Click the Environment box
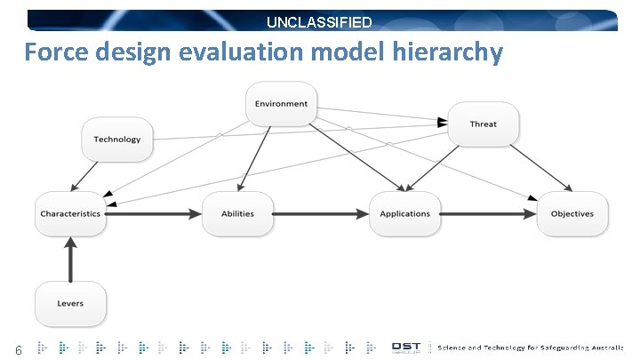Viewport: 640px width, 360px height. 281,104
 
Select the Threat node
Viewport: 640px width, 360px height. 483,124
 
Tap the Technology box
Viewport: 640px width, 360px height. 117,140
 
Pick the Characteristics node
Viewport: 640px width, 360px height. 70,214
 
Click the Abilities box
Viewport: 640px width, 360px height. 237,214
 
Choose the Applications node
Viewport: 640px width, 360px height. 404,214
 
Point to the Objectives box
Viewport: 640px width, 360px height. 572,214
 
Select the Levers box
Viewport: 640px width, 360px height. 70,304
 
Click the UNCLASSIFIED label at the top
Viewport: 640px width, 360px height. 320,22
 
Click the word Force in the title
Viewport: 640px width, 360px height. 56,53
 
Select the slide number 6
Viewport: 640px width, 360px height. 17,348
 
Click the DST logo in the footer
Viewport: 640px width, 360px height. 407,347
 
